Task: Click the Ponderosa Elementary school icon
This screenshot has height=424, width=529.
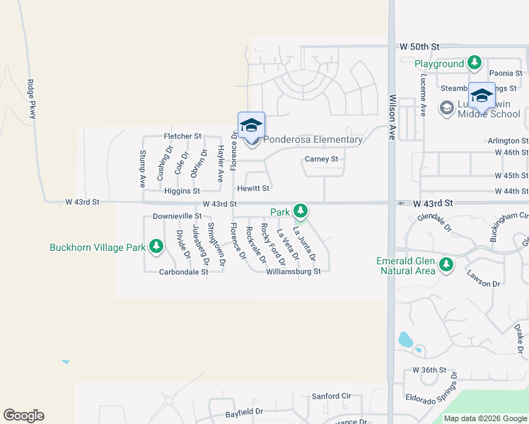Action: pyautogui.click(x=251, y=125)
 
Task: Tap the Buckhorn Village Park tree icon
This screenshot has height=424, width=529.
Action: pyautogui.click(x=156, y=247)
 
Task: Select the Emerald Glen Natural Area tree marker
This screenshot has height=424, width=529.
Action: pyautogui.click(x=446, y=265)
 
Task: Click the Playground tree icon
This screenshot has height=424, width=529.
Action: pyautogui.click(x=475, y=64)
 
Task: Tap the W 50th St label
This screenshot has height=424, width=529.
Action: pyautogui.click(x=414, y=46)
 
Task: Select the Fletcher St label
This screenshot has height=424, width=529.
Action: pyautogui.click(x=182, y=135)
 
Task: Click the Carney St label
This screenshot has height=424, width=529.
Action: pyautogui.click(x=322, y=159)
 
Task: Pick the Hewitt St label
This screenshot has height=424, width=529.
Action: pyautogui.click(x=254, y=189)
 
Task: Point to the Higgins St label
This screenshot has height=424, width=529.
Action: pyautogui.click(x=182, y=191)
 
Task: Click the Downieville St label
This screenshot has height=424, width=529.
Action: pyautogui.click(x=178, y=216)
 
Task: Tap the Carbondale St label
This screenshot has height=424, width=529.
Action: pyautogui.click(x=183, y=271)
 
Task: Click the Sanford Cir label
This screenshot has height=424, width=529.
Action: pyautogui.click(x=332, y=396)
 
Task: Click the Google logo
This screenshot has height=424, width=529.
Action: pyautogui.click(x=23, y=416)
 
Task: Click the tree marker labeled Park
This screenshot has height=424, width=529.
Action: pyautogui.click(x=301, y=211)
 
